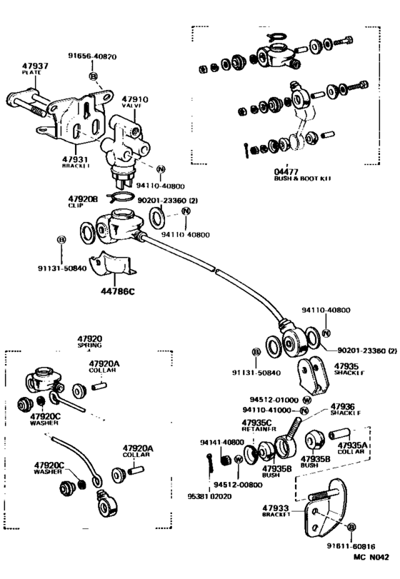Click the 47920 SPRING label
(90, 342)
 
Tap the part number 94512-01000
(275, 400)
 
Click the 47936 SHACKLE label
(345, 409)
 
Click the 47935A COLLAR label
(352, 446)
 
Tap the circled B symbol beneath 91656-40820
(93, 75)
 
